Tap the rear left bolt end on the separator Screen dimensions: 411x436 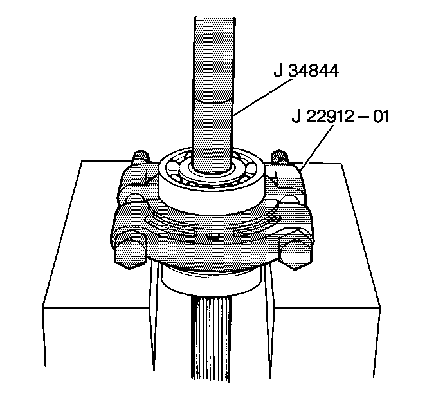click(x=141, y=157)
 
